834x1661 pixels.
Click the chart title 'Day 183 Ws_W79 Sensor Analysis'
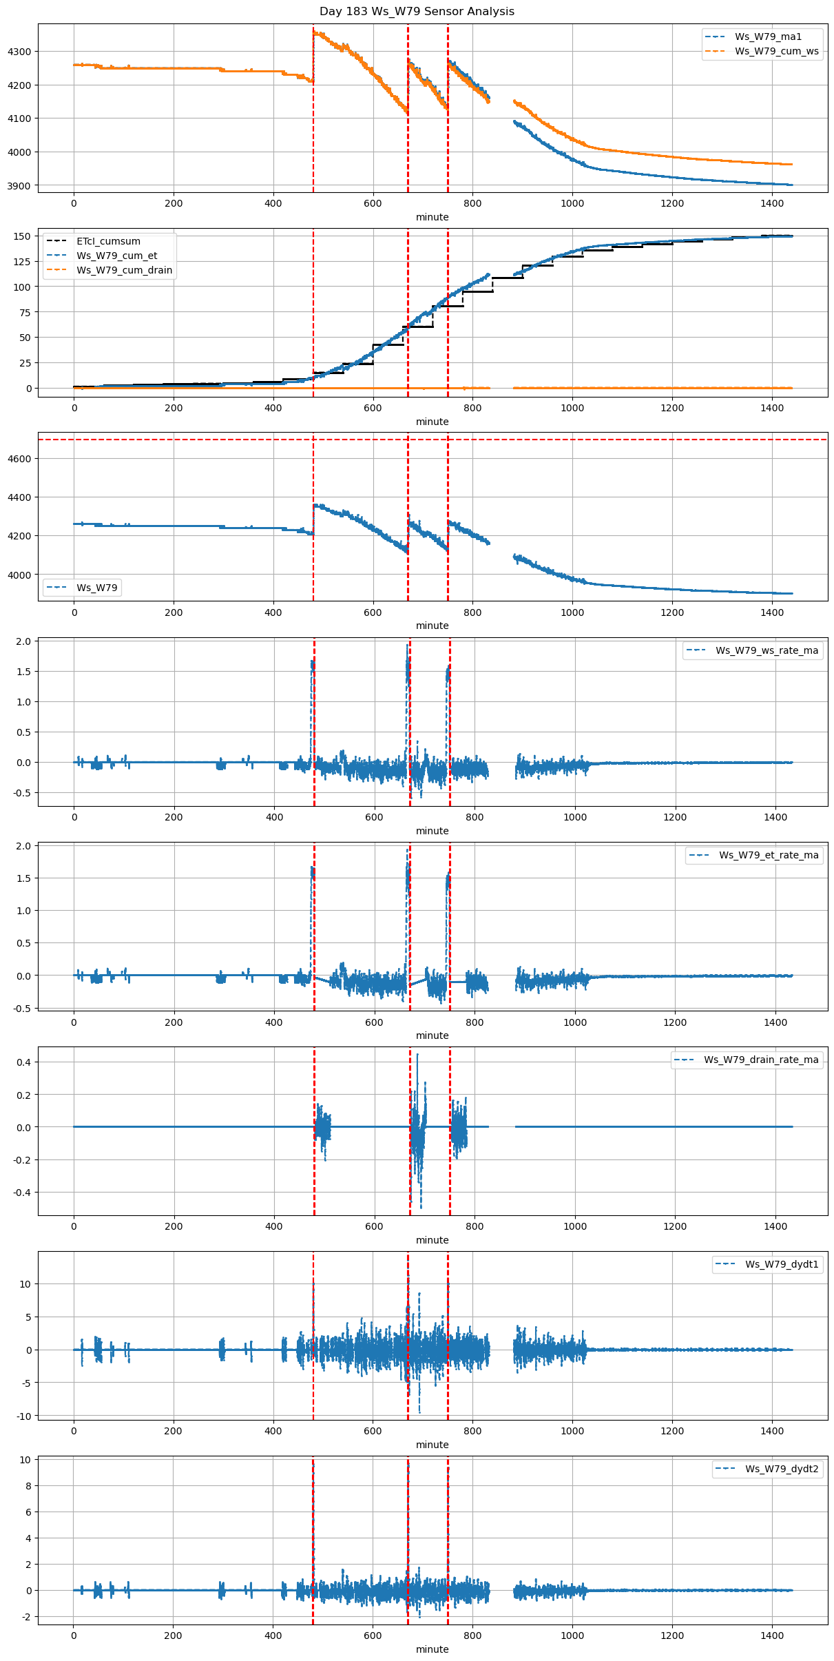click(417, 12)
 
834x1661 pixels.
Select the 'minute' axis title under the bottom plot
click(432, 1649)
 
